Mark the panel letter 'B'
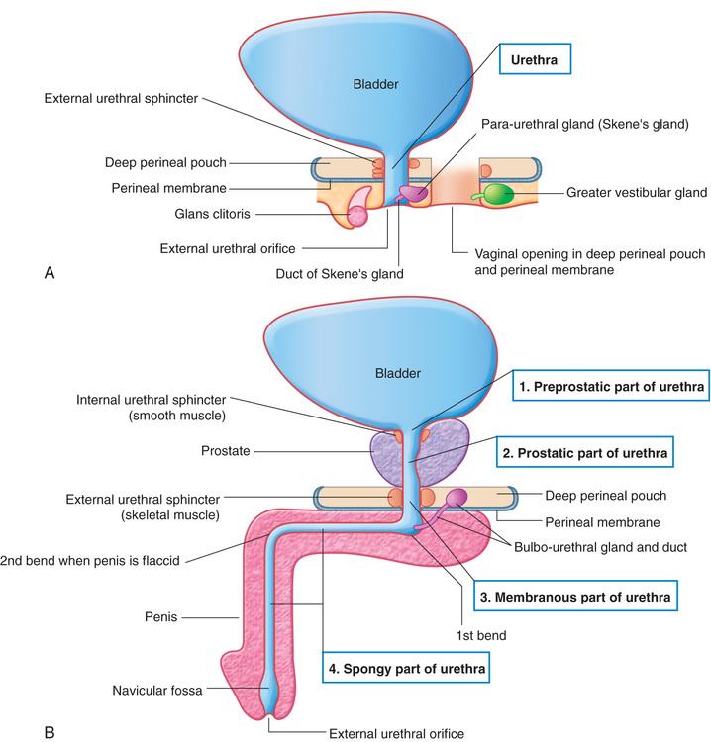pos(50,733)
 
